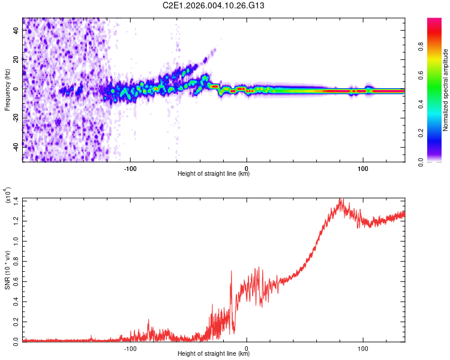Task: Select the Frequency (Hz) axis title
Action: point(7,90)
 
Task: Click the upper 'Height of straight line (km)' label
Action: point(214,174)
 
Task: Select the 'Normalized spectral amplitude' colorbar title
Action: point(446,90)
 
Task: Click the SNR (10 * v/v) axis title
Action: point(7,270)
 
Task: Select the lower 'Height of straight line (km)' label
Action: point(214,354)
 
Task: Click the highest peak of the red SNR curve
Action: point(341,199)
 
